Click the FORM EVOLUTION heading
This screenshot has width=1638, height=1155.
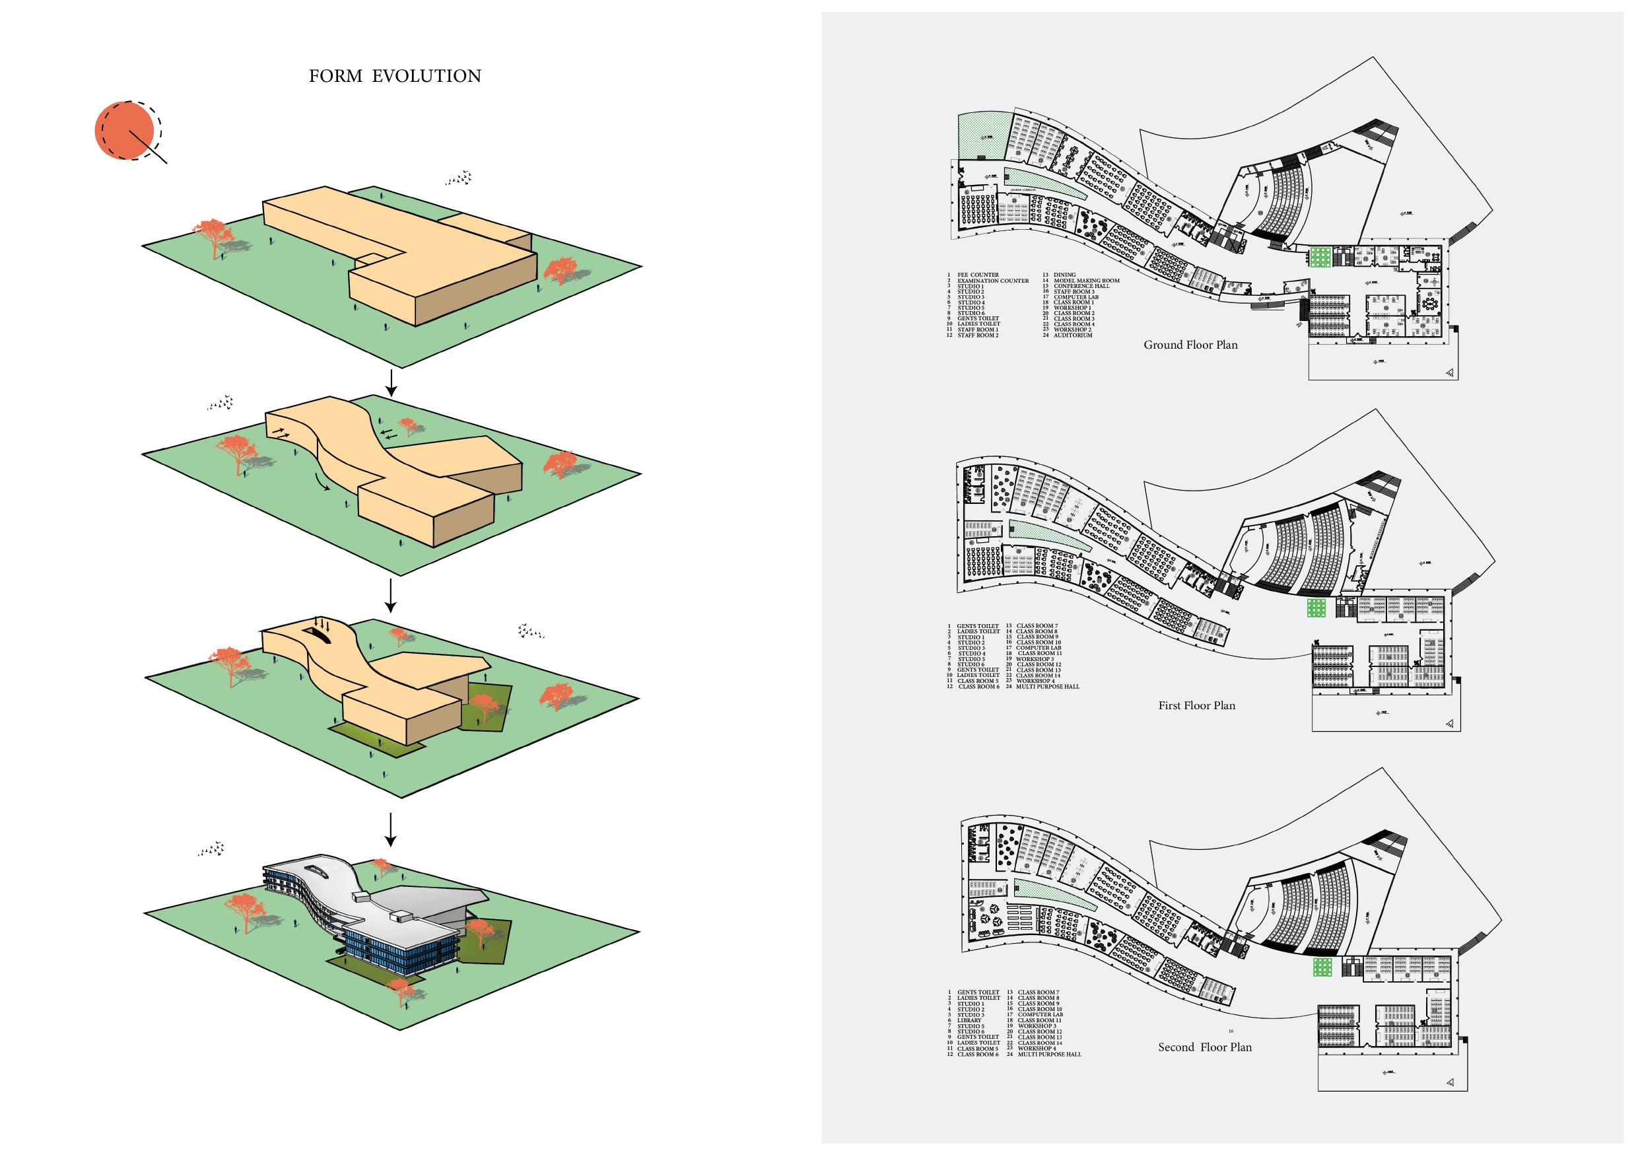[x=395, y=77]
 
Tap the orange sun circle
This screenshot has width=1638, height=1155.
[x=124, y=130]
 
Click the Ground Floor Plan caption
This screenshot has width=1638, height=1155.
[x=1190, y=345]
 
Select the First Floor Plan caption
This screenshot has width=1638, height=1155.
[x=1196, y=705]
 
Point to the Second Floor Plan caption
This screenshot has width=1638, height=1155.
[x=1204, y=1047]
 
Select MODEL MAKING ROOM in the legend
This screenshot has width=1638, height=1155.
[x=1086, y=281]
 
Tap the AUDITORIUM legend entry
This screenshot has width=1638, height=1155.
[x=1072, y=335]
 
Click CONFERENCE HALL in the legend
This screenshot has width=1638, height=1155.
[x=1081, y=286]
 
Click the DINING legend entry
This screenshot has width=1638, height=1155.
[x=1064, y=275]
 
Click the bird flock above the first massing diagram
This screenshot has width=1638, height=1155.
[x=459, y=178]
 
